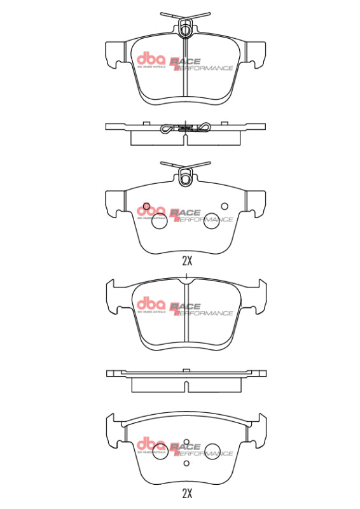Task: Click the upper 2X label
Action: pyautogui.click(x=186, y=260)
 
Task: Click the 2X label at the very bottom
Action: pyautogui.click(x=186, y=492)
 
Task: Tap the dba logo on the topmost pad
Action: pyautogui.click(x=151, y=61)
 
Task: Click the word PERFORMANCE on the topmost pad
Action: pyautogui.click(x=204, y=68)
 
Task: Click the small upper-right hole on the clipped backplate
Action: pyautogui.click(x=224, y=205)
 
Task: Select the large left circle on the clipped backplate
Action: pyautogui.click(x=159, y=221)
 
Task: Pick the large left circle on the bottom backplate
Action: pyautogui.click(x=159, y=450)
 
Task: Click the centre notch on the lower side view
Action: pyautogui.click(x=186, y=385)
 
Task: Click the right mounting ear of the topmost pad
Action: pyautogui.click(x=256, y=54)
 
